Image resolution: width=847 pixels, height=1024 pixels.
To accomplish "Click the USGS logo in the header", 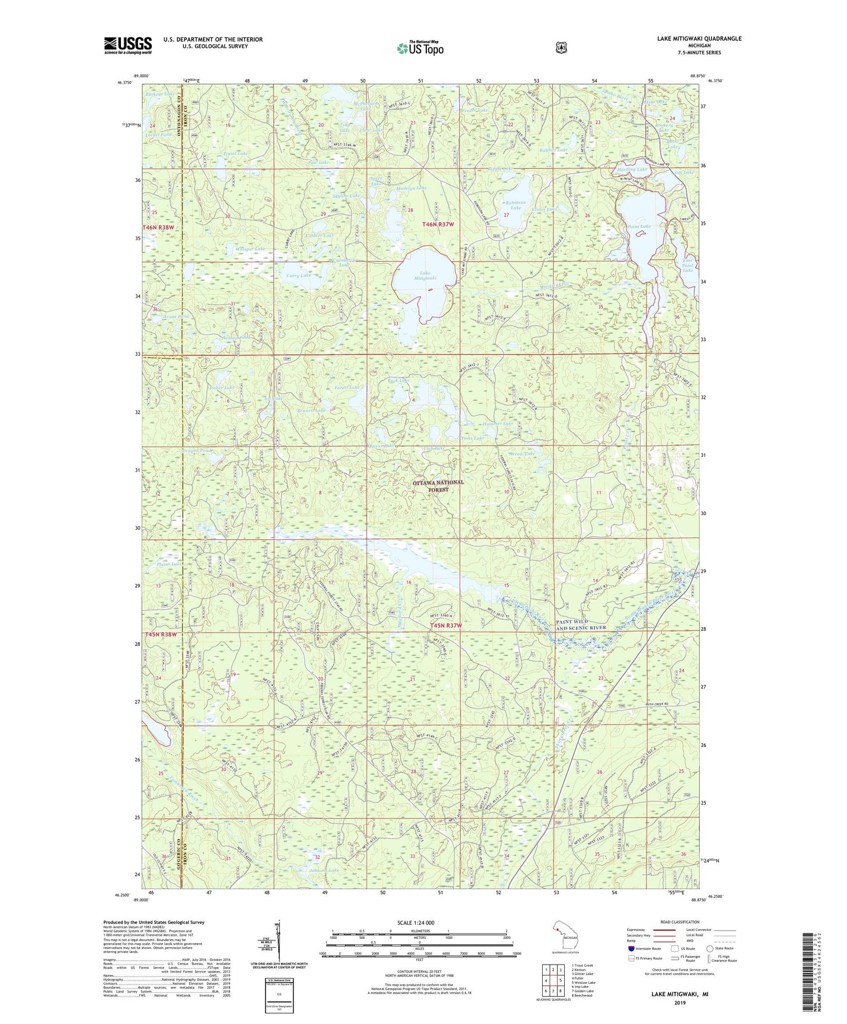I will coord(128,45).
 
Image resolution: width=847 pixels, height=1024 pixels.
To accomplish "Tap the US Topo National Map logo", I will coord(420,47).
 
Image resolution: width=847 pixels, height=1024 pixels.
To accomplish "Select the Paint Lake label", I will coord(639,226).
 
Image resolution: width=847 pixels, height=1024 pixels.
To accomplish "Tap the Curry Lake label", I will coord(299,276).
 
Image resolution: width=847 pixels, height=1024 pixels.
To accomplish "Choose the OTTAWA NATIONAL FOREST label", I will coord(438,486).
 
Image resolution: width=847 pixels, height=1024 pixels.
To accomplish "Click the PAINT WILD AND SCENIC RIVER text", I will coord(580,625).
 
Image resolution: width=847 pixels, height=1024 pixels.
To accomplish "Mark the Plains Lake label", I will coord(169,564).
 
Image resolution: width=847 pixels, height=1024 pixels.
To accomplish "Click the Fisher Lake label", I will coord(221,387).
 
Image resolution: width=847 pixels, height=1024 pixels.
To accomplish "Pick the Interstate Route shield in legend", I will coord(631,948).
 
